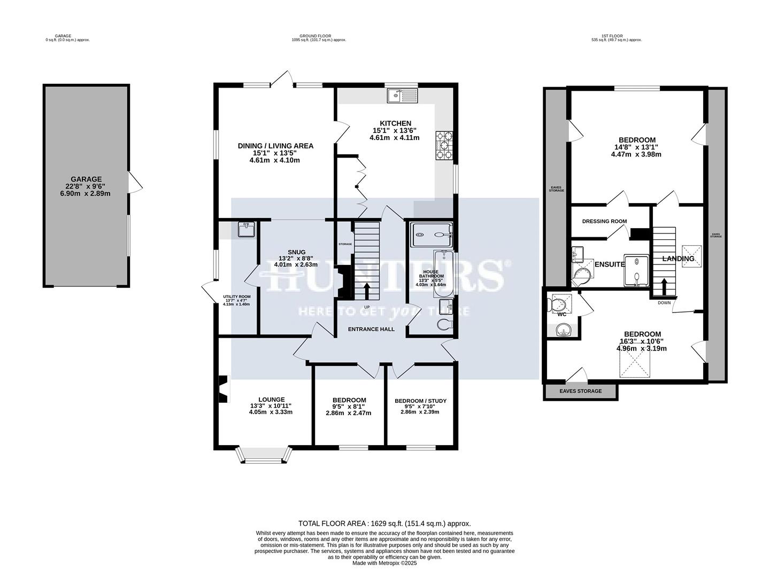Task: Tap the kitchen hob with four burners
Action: click(444, 146)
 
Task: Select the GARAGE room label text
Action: click(86, 179)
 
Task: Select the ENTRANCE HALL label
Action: click(371, 329)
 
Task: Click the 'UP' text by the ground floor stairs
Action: click(367, 307)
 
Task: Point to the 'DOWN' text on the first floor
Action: click(665, 302)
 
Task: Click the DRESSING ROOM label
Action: click(604, 221)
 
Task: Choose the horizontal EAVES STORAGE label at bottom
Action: click(580, 391)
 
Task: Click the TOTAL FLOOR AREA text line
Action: click(384, 524)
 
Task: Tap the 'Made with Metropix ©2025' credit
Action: click(384, 563)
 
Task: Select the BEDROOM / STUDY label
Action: click(420, 401)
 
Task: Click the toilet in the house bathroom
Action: click(444, 324)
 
